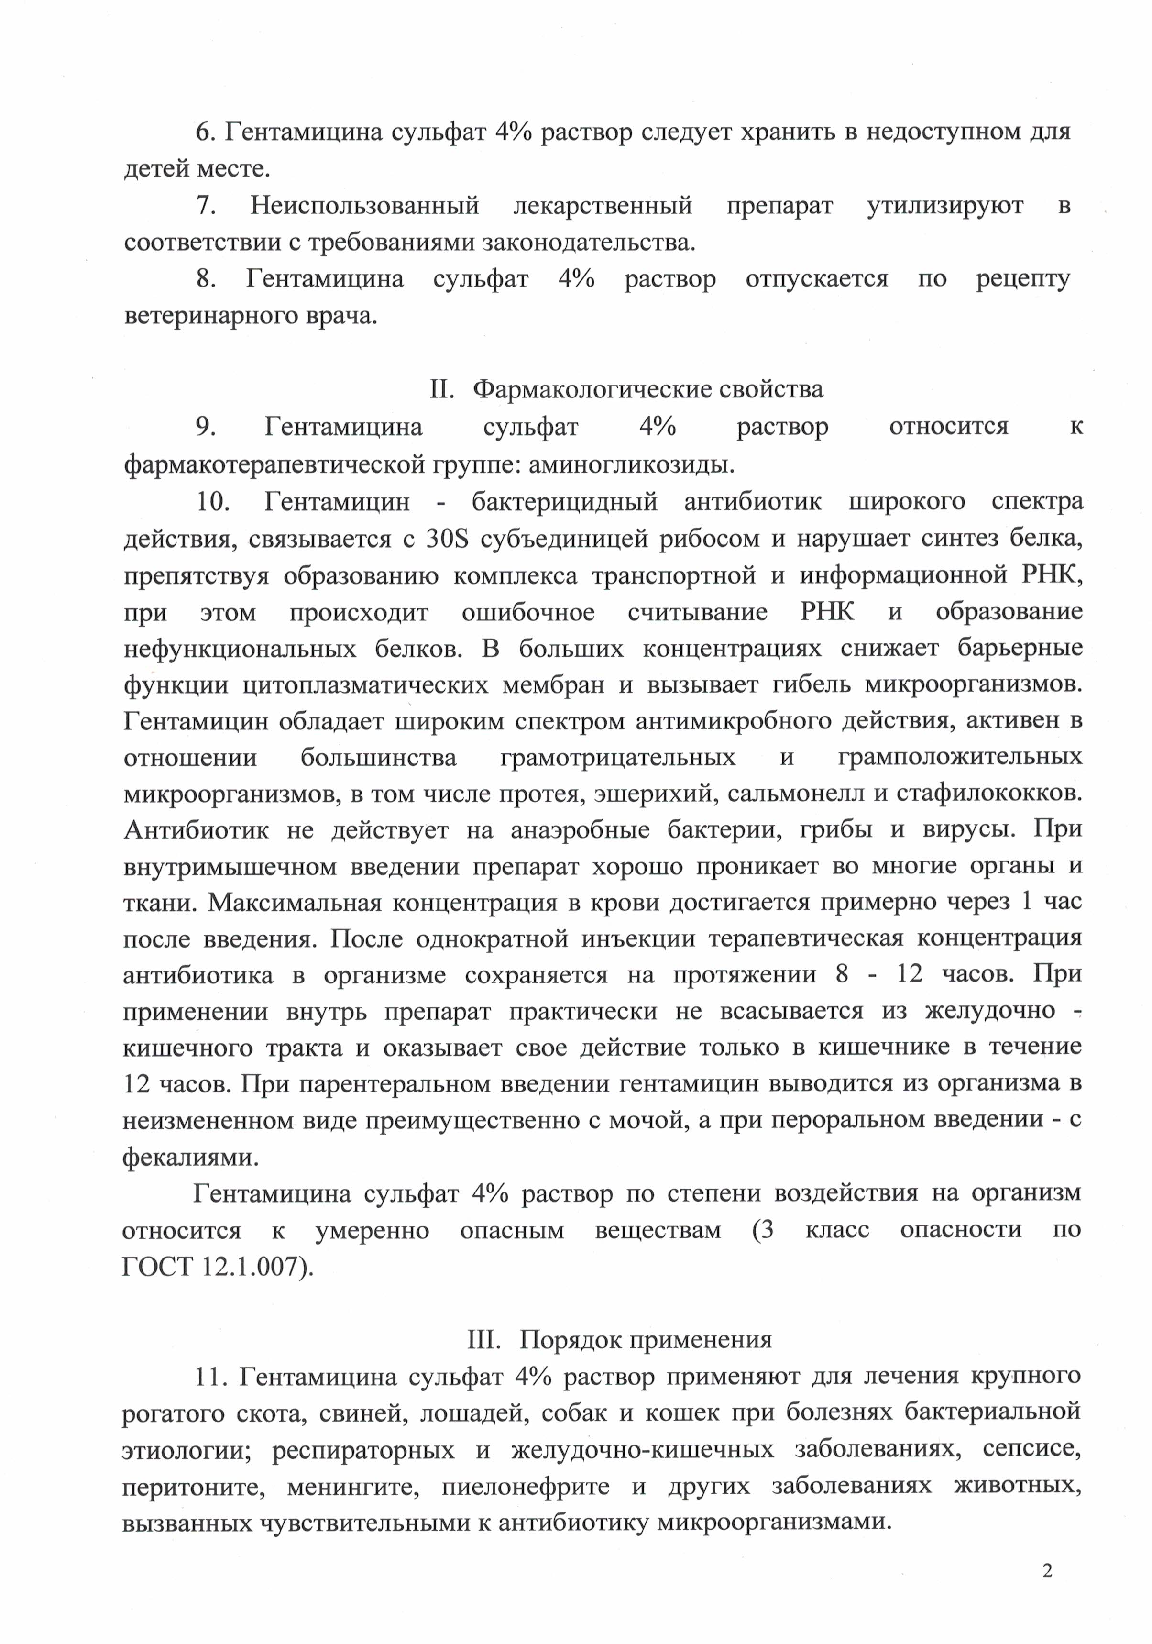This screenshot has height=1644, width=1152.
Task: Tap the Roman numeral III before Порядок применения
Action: pyautogui.click(x=483, y=1338)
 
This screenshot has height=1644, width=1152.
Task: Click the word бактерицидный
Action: pyautogui.click(x=565, y=501)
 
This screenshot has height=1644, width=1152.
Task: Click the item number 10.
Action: pyautogui.click(x=213, y=501)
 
